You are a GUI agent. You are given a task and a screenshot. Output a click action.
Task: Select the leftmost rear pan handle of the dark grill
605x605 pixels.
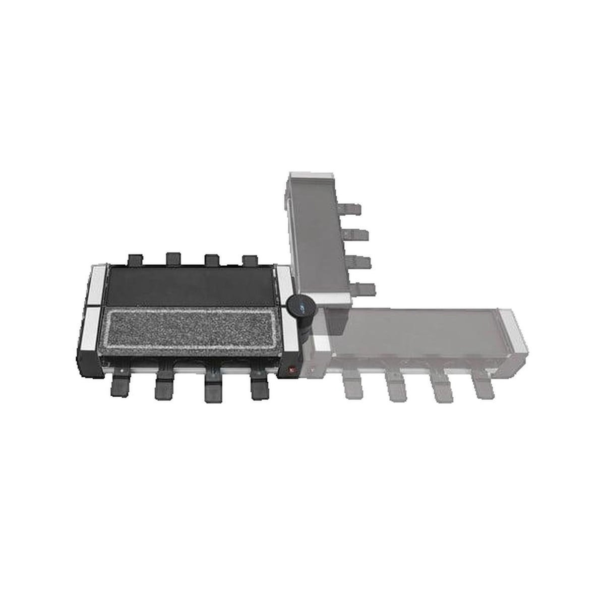pos(135,259)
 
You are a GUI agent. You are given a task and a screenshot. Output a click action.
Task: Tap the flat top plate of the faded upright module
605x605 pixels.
pos(317,237)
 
